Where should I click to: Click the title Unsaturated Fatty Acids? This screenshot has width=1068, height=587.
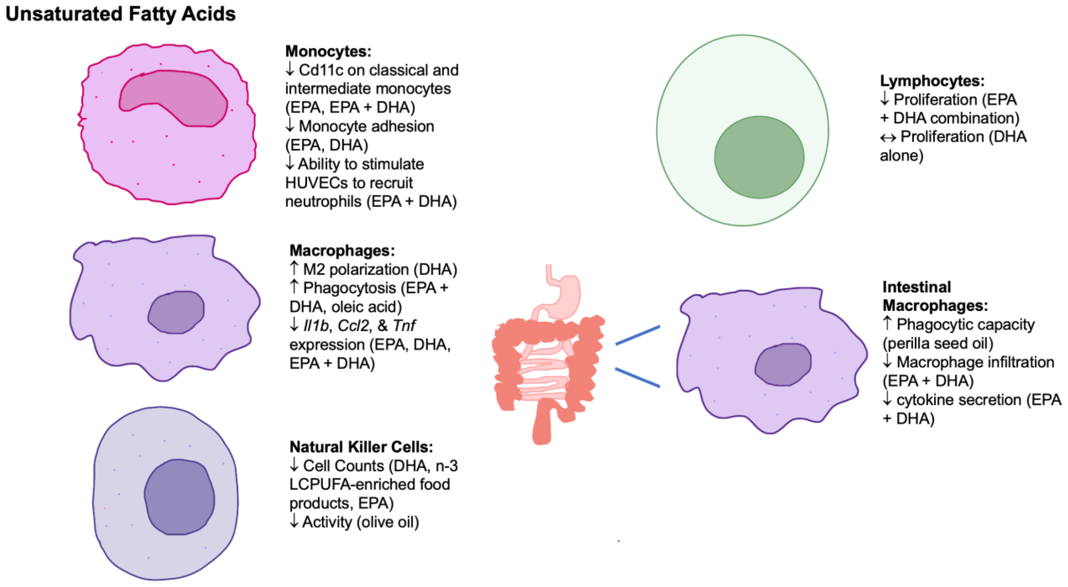[120, 14]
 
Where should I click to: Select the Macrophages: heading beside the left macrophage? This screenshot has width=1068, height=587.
[342, 250]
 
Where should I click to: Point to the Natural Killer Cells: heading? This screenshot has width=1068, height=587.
[361, 447]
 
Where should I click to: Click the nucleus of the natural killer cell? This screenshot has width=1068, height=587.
[179, 497]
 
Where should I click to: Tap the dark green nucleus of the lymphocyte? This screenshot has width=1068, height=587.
[759, 157]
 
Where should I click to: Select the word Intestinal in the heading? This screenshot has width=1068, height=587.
[916, 287]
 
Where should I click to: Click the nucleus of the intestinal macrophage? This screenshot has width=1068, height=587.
[783, 365]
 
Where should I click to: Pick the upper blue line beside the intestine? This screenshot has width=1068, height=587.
[637, 335]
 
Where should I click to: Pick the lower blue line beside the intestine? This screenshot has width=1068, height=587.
[637, 377]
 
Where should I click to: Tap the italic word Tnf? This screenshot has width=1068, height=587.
[404, 326]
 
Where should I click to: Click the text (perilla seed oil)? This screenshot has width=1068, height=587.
[938, 343]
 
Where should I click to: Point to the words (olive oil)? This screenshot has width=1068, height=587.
[388, 522]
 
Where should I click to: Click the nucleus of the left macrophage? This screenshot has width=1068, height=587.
[176, 312]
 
